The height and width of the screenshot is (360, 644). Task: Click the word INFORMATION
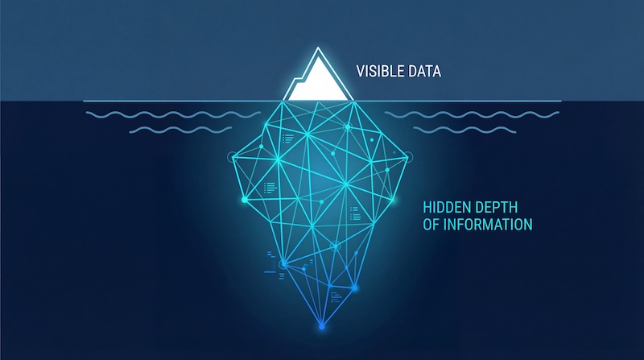click(x=488, y=225)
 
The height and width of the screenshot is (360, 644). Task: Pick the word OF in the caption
click(x=431, y=225)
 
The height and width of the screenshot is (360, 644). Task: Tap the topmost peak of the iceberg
click(x=318, y=48)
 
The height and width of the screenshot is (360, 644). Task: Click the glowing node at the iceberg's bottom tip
click(x=322, y=327)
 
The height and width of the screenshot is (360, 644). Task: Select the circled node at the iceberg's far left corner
click(x=233, y=156)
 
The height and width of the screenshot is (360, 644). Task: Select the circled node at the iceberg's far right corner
click(x=408, y=156)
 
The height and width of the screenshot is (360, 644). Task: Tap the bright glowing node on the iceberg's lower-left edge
click(x=245, y=200)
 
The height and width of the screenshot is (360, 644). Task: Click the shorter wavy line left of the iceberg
click(x=180, y=130)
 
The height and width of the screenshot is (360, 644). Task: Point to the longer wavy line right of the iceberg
click(x=472, y=114)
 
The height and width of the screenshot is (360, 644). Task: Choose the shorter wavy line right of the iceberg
click(x=464, y=130)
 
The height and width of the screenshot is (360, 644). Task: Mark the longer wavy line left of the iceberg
click(x=173, y=114)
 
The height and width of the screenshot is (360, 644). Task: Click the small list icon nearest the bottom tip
click(x=336, y=296)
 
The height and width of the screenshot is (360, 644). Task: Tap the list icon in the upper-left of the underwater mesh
click(x=288, y=138)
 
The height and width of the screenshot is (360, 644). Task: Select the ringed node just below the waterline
click(x=348, y=127)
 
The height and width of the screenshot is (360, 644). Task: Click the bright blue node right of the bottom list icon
click(x=355, y=288)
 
